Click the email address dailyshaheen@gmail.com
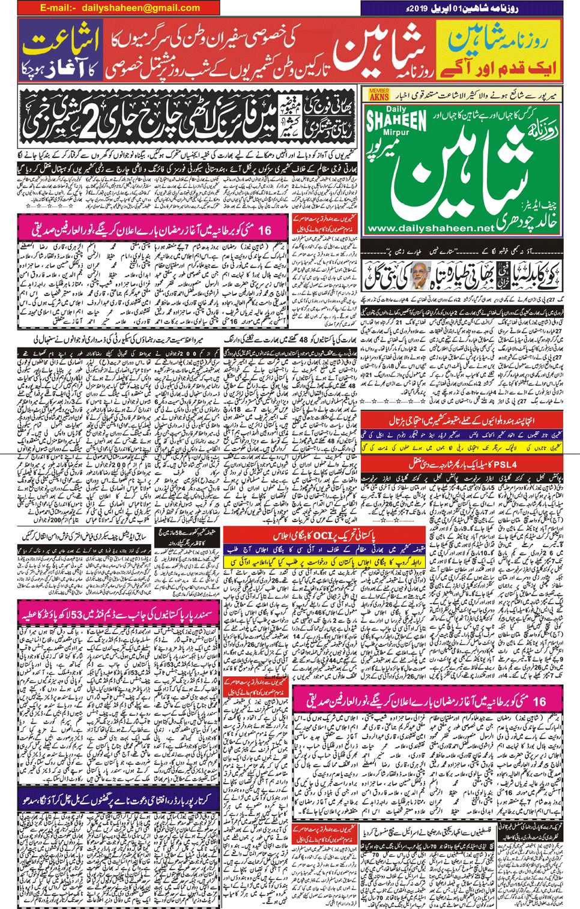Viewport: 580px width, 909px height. pyautogui.click(x=140, y=8)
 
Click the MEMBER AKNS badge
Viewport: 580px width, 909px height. pyautogui.click(x=379, y=94)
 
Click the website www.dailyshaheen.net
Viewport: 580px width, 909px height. pyautogui.click(x=430, y=228)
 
